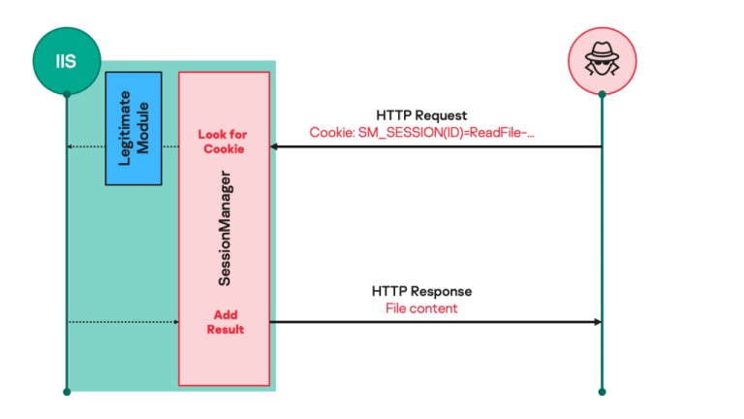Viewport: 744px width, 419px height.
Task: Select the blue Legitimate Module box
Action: pos(133,127)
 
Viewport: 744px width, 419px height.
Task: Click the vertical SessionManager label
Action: pos(224,228)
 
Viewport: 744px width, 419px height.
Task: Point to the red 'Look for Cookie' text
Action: pos(223,142)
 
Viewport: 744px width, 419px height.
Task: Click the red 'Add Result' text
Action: pos(223,322)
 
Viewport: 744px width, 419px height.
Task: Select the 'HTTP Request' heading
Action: pos(421,114)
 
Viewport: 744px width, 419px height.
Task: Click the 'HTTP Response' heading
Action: pos(421,291)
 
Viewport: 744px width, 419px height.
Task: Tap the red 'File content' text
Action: pos(421,308)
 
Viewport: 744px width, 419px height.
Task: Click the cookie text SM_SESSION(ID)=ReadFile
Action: pos(421,131)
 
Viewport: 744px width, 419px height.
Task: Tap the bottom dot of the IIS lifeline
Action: pos(66,392)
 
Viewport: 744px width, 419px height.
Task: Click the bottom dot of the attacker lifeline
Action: pos(602,392)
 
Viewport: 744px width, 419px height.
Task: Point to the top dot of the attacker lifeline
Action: pos(602,94)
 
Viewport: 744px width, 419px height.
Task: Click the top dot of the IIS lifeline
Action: pos(66,94)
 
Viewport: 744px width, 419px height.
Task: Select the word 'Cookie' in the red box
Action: pos(223,149)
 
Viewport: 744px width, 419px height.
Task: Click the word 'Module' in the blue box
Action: pos(141,127)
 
